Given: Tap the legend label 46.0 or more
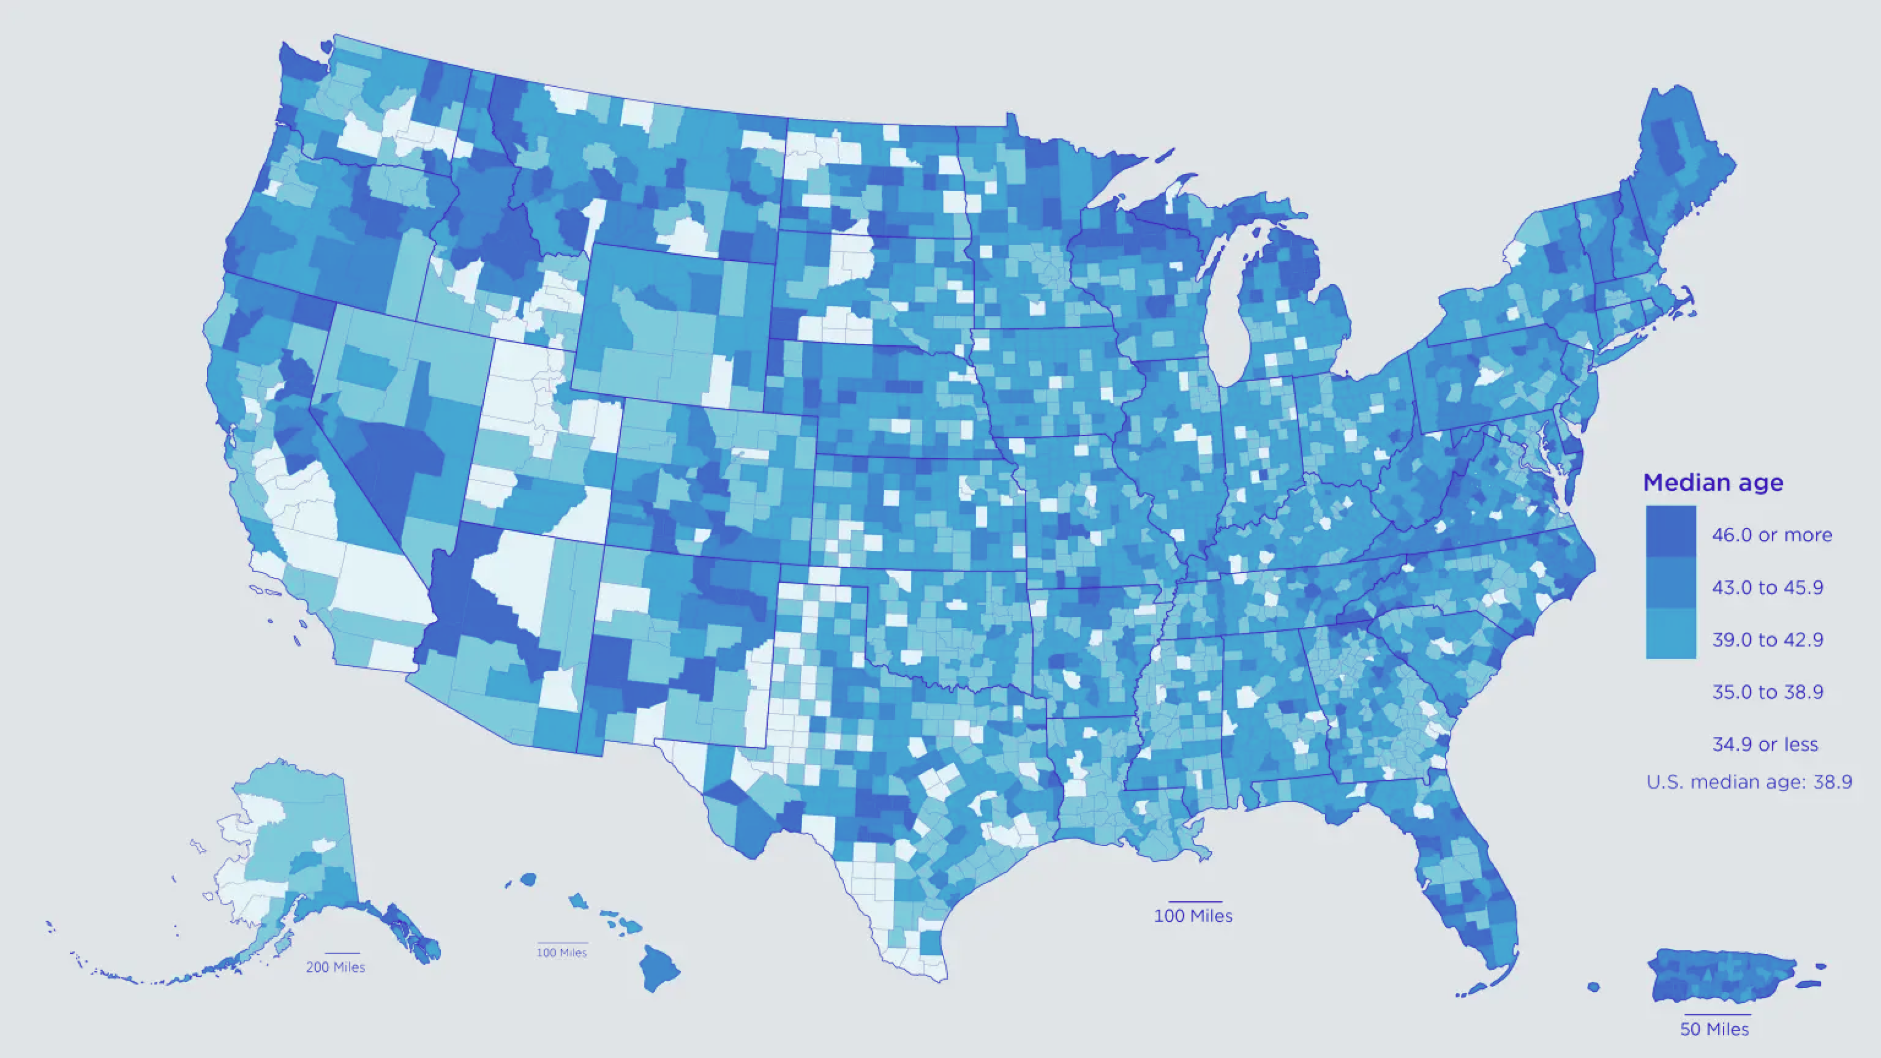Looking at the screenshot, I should pyautogui.click(x=1771, y=535).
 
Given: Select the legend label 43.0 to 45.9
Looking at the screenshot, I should pyautogui.click(x=1767, y=588).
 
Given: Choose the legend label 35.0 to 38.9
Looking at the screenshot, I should pyautogui.click(x=1767, y=692).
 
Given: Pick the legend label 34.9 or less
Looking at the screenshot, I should pyautogui.click(x=1765, y=745).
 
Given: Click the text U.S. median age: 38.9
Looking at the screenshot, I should pyautogui.click(x=1749, y=783).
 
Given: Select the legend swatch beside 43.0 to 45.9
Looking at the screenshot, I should pyautogui.click(x=1671, y=583).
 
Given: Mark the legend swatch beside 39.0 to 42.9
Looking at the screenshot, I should pyautogui.click(x=1671, y=634).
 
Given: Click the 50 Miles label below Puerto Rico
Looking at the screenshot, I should pyautogui.click(x=1715, y=1030).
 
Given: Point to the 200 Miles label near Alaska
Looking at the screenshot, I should pyautogui.click(x=335, y=968).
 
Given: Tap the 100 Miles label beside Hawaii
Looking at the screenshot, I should pyautogui.click(x=562, y=953).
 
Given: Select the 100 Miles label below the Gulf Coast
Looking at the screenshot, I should pyautogui.click(x=1193, y=916).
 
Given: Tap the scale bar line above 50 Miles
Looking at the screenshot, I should pyautogui.click(x=1717, y=1014).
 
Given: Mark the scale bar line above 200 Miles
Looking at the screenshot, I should pyautogui.click(x=342, y=953).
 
